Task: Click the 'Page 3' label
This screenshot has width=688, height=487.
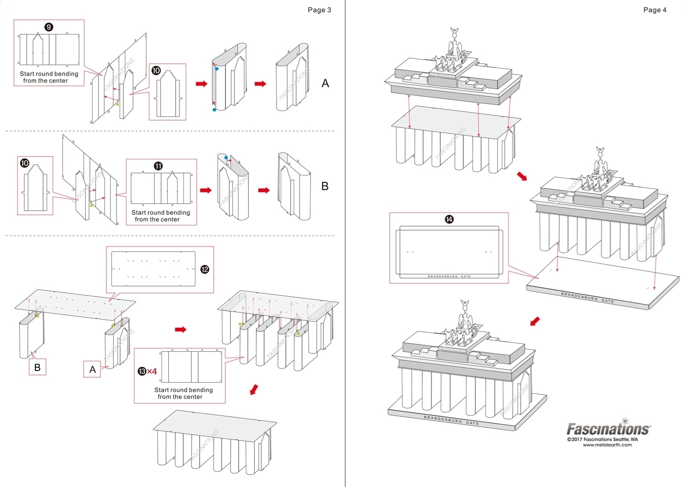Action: point(319,10)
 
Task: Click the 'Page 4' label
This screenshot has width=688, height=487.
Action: point(655,10)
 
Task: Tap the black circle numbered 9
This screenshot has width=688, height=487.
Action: point(49,27)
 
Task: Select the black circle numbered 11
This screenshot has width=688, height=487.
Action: point(158,166)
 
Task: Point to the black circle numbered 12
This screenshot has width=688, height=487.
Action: point(205,269)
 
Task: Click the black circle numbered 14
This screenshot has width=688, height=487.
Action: point(449,219)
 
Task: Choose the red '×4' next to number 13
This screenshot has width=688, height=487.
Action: point(152,371)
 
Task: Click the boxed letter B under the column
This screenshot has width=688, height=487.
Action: point(38,367)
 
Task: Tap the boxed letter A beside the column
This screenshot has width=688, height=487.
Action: point(92,369)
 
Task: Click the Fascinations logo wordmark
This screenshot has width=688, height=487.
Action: point(608,429)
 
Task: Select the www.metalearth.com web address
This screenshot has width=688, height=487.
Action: point(607,445)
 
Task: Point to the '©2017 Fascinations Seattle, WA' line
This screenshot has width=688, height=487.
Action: point(602,439)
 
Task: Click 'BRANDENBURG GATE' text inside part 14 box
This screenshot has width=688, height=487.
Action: point(449,276)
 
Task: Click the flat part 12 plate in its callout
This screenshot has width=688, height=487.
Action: point(153,269)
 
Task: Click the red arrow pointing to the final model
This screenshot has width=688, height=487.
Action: point(535,321)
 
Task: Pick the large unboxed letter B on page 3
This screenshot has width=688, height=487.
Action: point(325,186)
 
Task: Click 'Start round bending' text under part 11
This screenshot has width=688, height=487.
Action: point(161,213)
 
